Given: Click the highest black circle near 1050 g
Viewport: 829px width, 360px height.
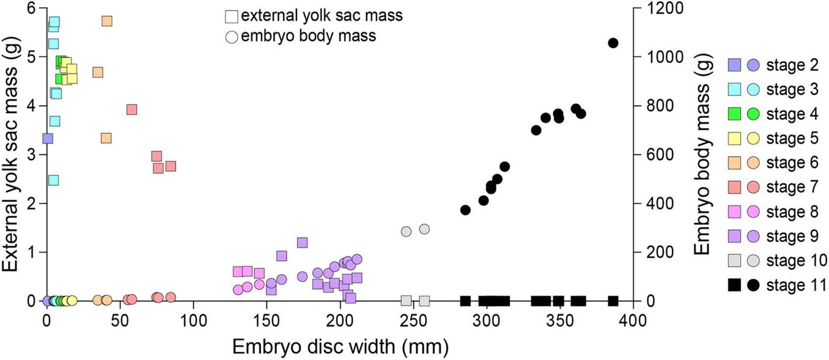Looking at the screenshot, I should tap(613, 43).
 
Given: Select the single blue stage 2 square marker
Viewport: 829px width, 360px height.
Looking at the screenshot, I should tap(48, 138).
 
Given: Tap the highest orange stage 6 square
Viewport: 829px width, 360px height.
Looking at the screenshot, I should tap(107, 21).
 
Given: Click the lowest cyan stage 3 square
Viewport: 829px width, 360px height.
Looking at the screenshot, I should tap(54, 180).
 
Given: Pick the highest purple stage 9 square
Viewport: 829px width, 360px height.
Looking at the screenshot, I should tap(302, 243).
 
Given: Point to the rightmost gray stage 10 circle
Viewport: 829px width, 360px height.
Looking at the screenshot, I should tap(424, 229).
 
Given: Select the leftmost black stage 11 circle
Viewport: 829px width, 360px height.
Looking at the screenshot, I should tap(465, 210).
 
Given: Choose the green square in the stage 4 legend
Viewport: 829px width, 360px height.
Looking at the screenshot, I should tap(735, 114).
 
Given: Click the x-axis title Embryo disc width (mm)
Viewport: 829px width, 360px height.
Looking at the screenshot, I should tap(340, 347).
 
